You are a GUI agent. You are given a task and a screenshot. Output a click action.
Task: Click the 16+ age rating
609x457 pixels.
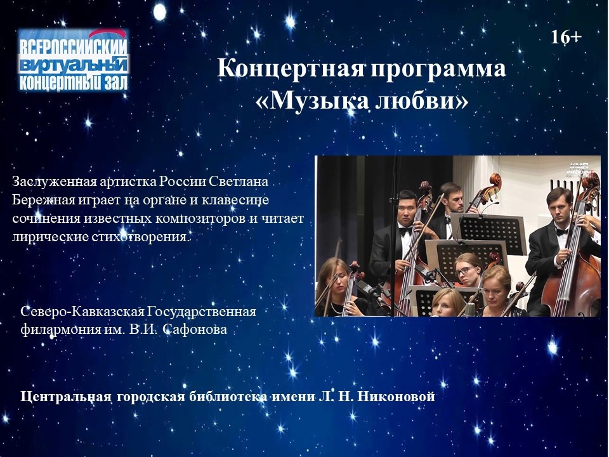click(x=566, y=37)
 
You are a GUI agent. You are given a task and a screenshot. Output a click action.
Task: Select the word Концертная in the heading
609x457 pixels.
click(x=291, y=68)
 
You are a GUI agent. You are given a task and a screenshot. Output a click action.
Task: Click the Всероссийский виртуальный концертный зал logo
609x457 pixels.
click(x=74, y=60)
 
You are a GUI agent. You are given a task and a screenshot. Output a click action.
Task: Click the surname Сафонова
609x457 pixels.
click(x=195, y=329)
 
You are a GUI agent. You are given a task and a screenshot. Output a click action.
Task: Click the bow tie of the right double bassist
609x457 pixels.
click(x=561, y=232)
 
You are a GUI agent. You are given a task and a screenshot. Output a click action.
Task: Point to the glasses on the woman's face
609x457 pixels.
click(x=464, y=270)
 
